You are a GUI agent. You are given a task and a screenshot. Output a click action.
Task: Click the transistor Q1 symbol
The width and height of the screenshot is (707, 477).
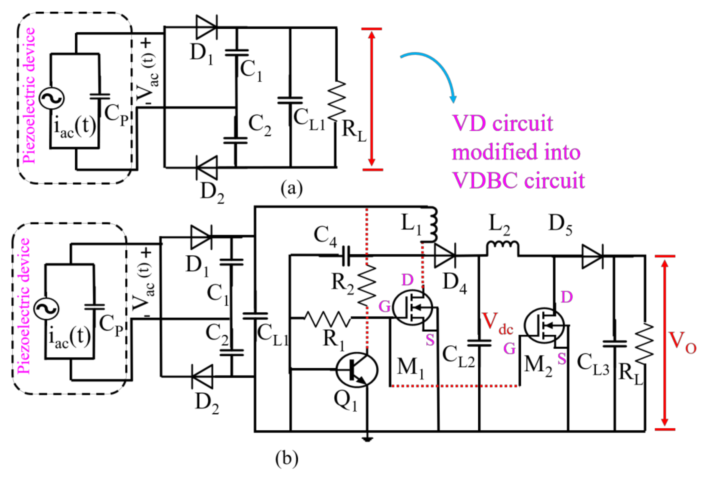356,370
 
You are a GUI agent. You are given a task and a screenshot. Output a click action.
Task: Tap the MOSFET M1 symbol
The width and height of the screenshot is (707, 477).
413,308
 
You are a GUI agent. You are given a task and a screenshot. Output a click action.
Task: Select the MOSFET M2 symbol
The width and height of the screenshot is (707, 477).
544,325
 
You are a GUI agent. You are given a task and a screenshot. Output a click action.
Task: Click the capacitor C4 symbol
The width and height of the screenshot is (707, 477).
346,255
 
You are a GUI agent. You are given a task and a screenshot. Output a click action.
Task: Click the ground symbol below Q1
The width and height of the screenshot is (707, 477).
367,439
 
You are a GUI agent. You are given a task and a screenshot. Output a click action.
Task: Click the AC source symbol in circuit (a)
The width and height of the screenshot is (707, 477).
52,98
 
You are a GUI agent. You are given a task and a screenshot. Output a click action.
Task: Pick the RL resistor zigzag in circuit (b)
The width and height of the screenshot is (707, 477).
644,344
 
